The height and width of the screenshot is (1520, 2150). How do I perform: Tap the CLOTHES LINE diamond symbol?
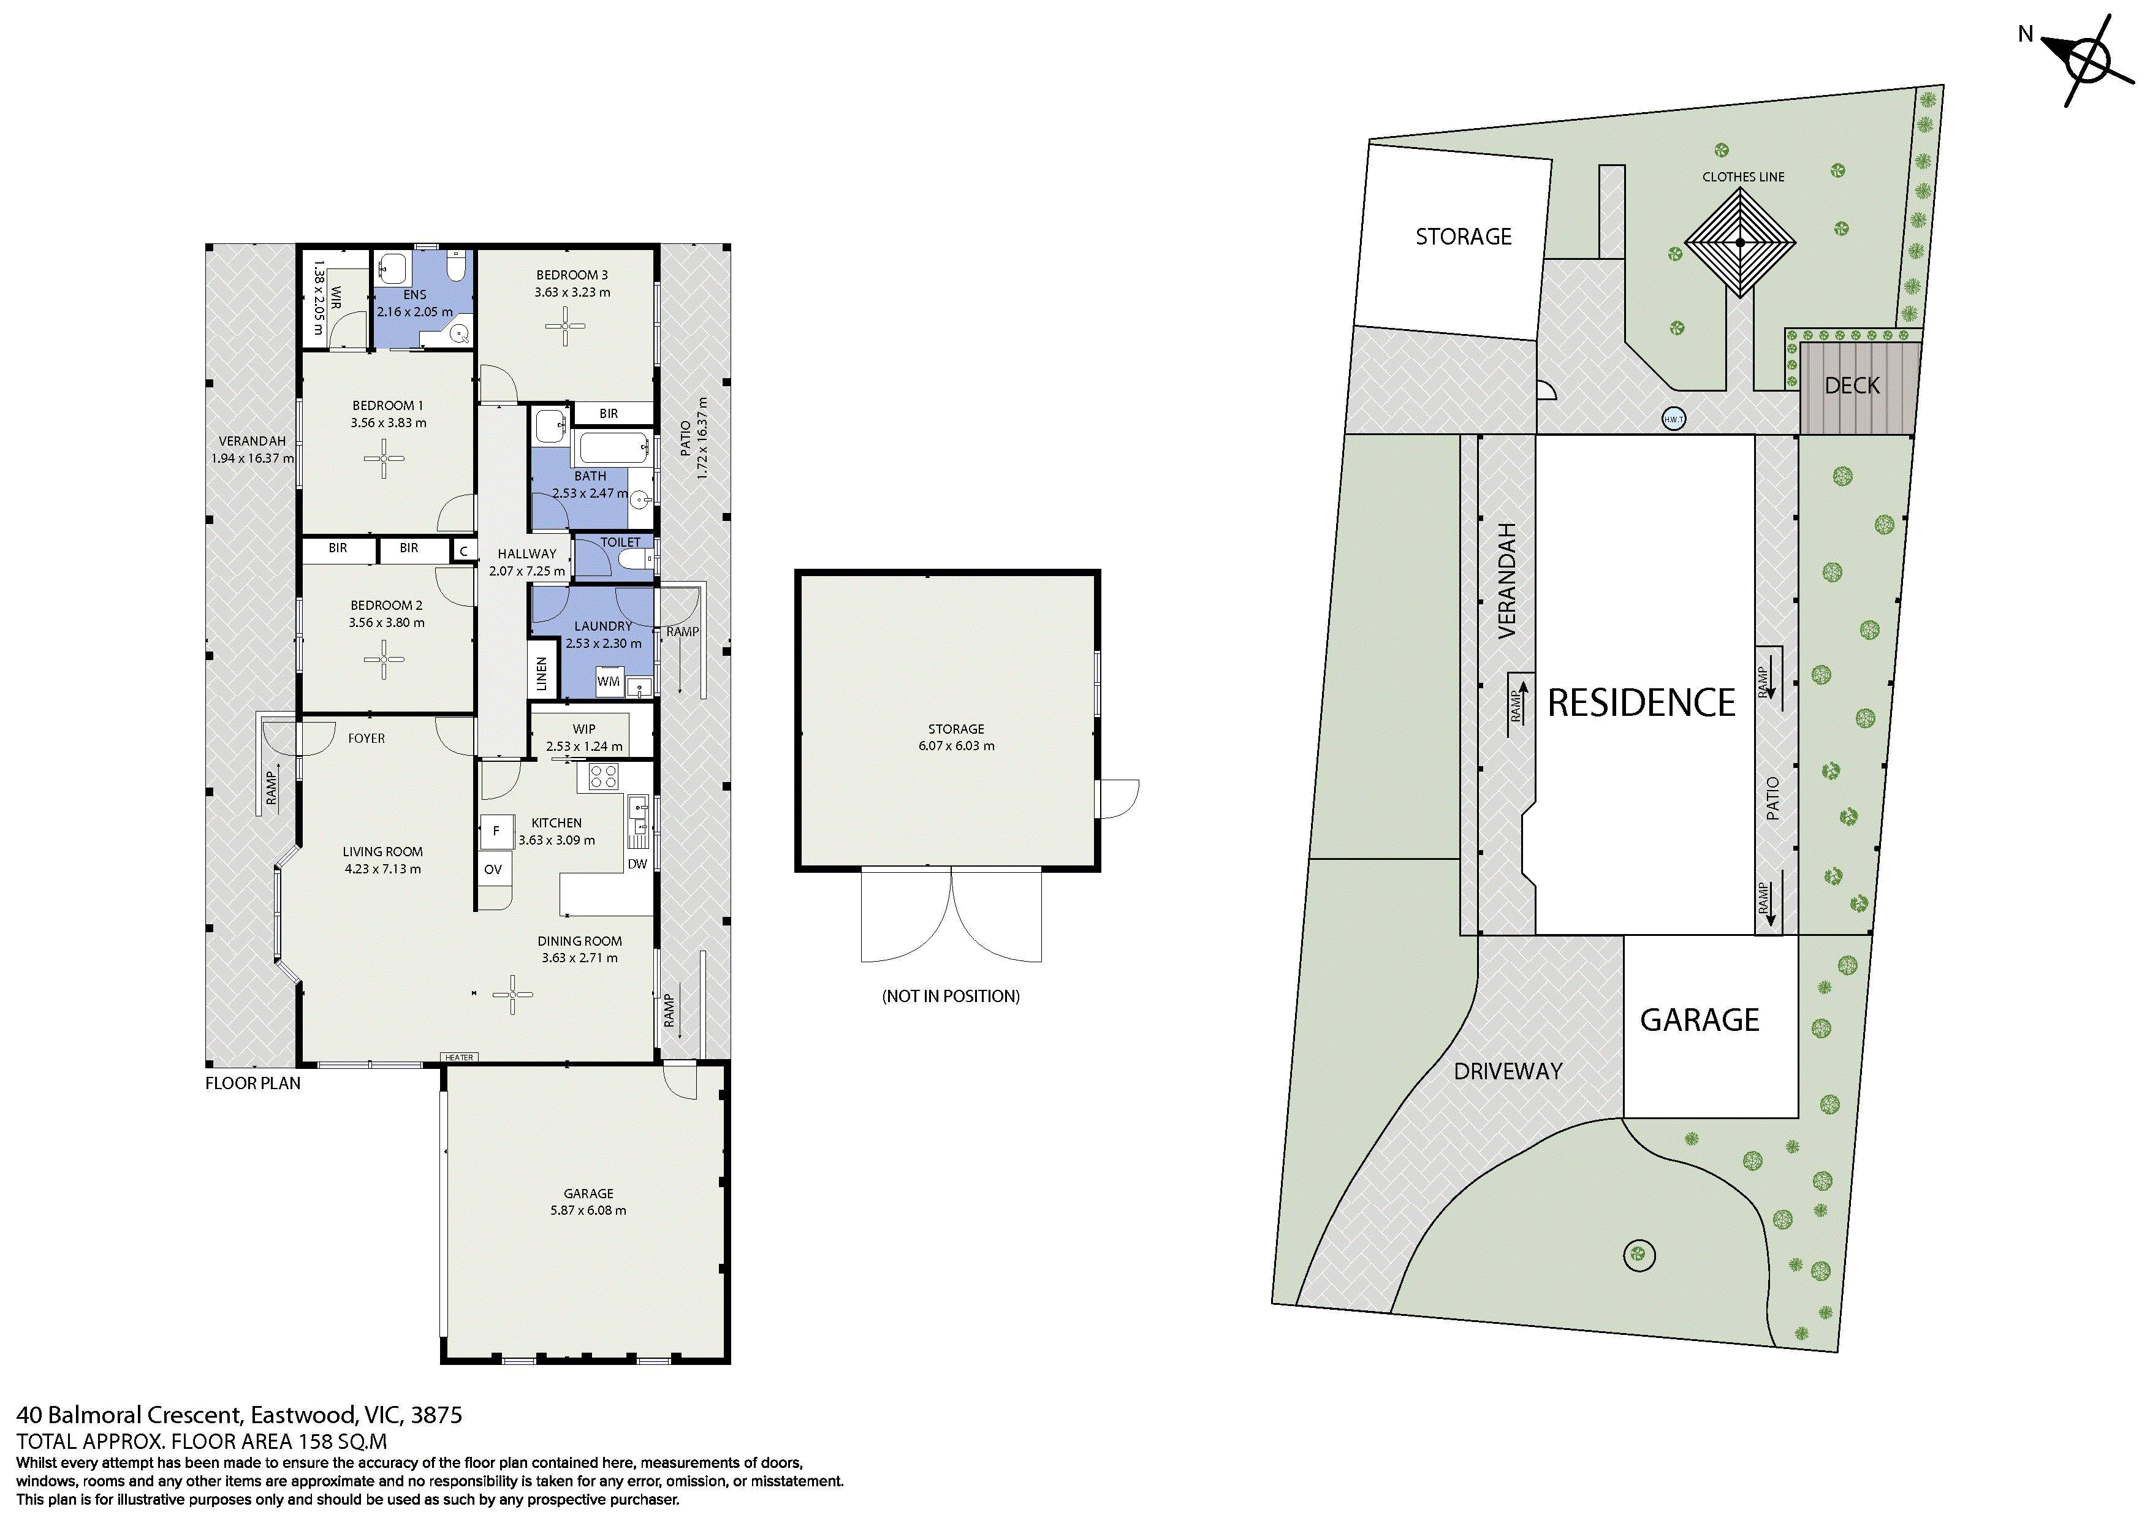[x=1740, y=243]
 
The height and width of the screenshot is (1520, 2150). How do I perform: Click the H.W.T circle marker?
[x=1673, y=420]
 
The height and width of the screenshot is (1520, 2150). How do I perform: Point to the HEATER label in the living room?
[x=459, y=1057]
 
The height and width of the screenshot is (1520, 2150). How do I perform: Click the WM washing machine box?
[x=609, y=681]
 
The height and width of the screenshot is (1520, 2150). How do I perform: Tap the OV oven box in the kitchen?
[x=493, y=869]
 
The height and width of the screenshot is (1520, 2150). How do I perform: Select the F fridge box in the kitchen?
[x=496, y=830]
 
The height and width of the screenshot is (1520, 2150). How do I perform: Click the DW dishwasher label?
[x=637, y=864]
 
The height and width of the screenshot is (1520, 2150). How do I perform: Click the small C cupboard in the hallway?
[x=463, y=550]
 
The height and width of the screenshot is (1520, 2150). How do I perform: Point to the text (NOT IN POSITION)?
[x=951, y=995]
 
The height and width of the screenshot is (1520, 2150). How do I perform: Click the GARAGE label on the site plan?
[x=1700, y=1020]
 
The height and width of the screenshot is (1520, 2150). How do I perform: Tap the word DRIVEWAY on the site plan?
[x=1508, y=1071]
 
